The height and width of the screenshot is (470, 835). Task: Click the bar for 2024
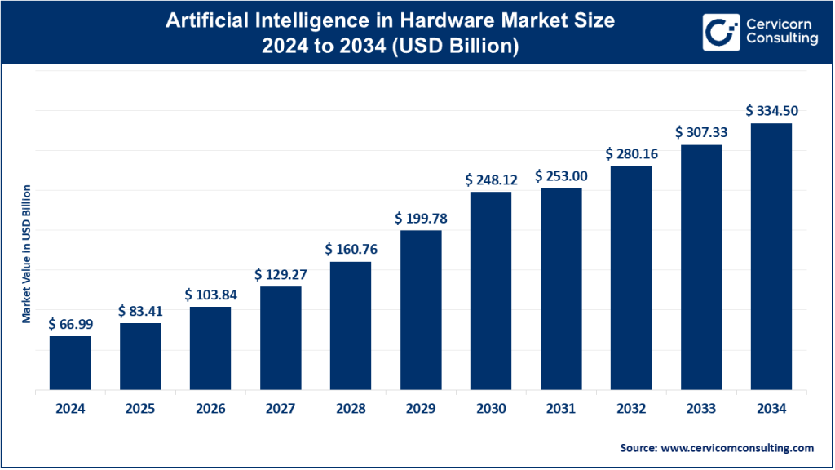70,362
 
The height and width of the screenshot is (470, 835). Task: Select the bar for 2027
281,338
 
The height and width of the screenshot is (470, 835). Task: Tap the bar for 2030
491,290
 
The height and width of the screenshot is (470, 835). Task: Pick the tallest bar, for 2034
771,256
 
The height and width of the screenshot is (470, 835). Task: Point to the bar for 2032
631,277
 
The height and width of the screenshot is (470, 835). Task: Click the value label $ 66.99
70,324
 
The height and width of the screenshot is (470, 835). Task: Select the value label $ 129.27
281,274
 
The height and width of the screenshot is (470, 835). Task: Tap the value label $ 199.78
421,218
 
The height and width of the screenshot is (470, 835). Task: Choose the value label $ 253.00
561,175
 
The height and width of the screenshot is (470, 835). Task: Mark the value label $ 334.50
771,110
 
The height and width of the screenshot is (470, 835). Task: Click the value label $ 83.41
140,311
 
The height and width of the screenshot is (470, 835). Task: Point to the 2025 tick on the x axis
140,409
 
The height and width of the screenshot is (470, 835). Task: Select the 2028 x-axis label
351,409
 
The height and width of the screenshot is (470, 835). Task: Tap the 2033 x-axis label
701,409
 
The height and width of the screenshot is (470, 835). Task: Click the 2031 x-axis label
561,409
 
